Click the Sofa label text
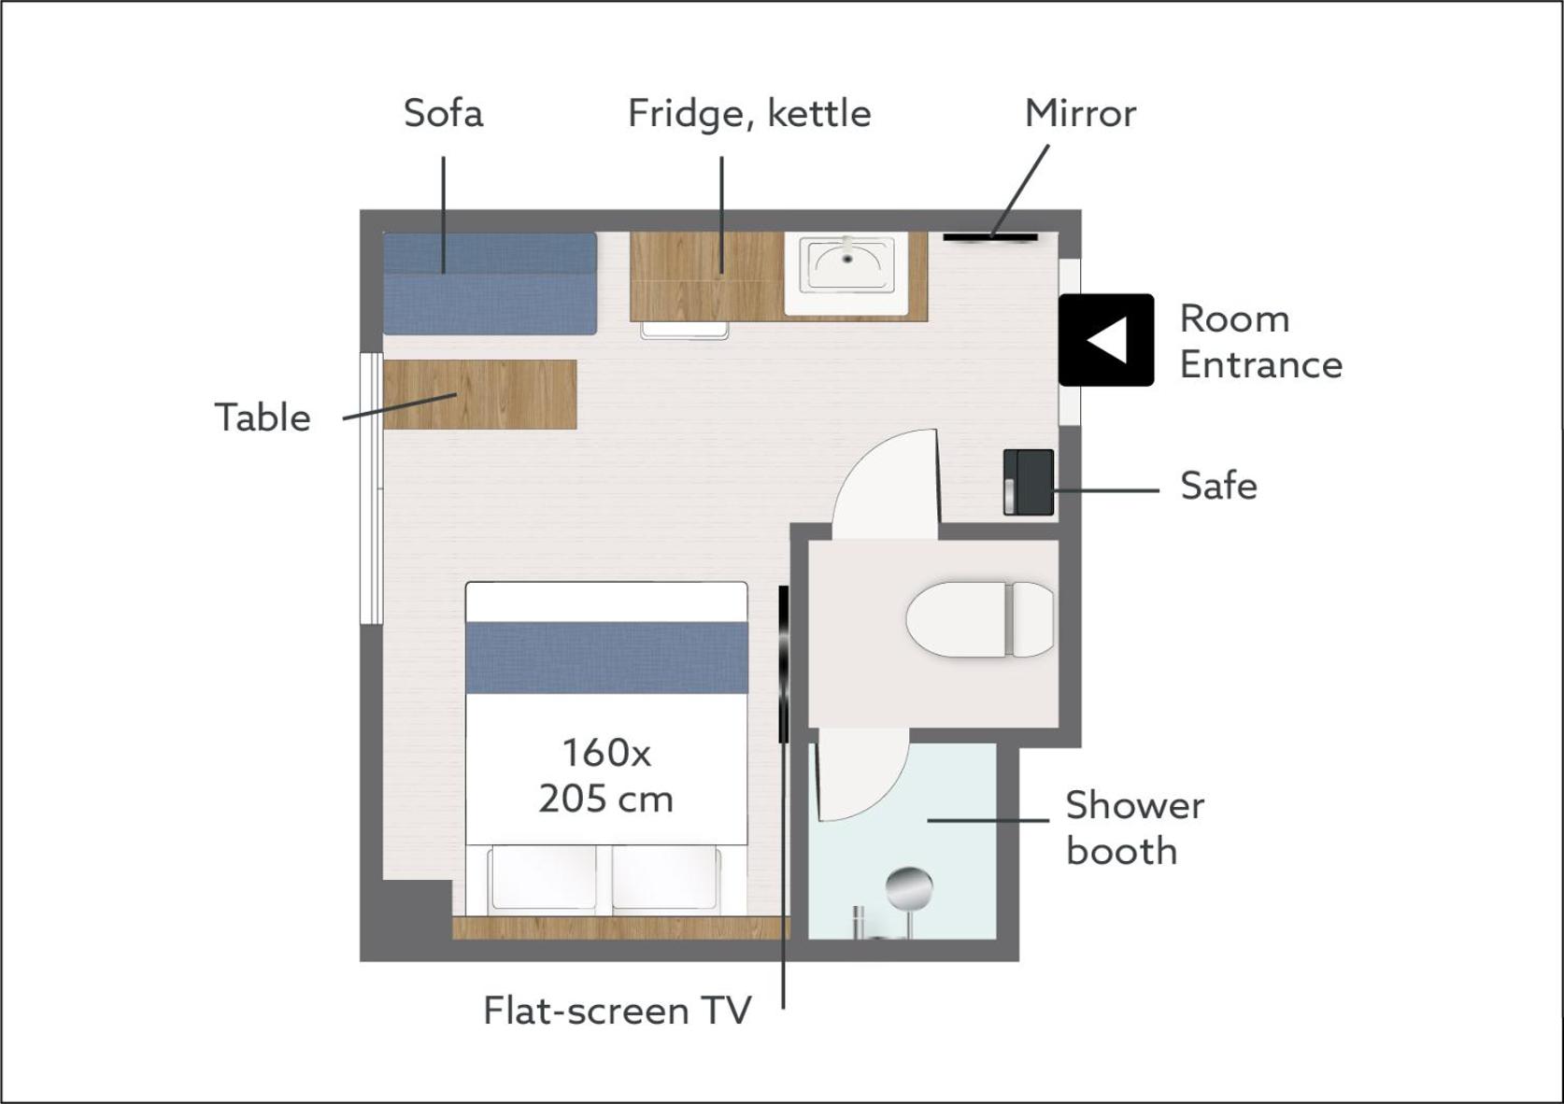click(x=444, y=113)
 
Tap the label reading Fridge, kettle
click(x=750, y=114)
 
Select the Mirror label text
click(x=1080, y=113)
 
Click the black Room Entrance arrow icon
click(x=1106, y=340)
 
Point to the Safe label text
click(x=1218, y=486)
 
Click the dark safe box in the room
click(x=1029, y=482)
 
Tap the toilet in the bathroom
click(x=979, y=619)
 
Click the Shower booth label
click(x=1134, y=828)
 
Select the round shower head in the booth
click(x=909, y=888)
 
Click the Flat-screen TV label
click(x=618, y=1011)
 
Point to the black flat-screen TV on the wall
click(x=783, y=664)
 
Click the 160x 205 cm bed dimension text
click(x=606, y=776)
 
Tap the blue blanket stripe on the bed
click(x=606, y=658)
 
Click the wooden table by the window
click(x=479, y=394)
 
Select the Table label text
click(x=263, y=418)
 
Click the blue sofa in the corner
click(x=490, y=283)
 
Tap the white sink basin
click(x=846, y=274)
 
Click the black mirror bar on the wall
click(x=990, y=237)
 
